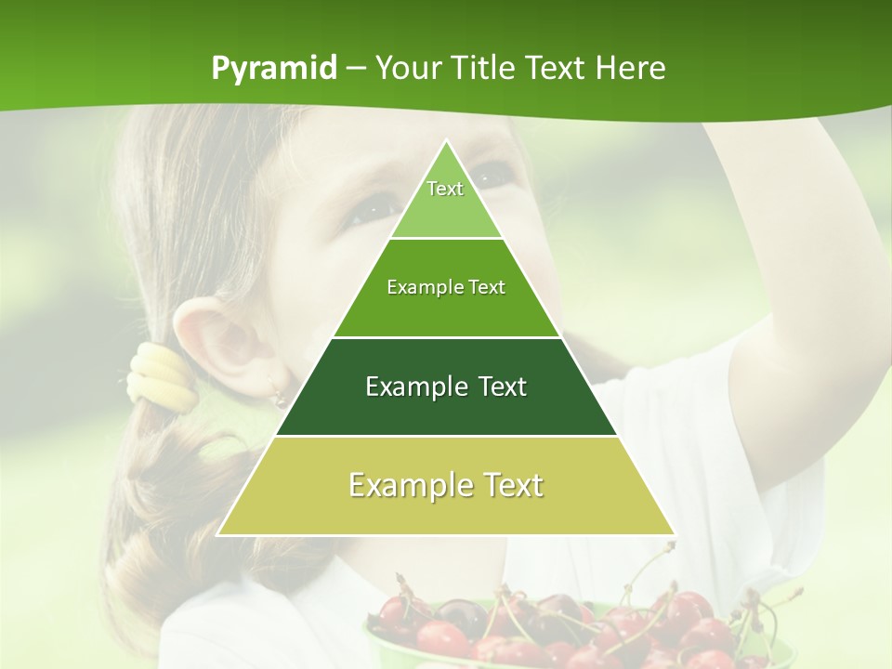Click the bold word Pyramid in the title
273,69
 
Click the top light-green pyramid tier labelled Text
445,200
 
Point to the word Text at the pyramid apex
445,189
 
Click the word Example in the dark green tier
406,387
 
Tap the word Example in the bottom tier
400,485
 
